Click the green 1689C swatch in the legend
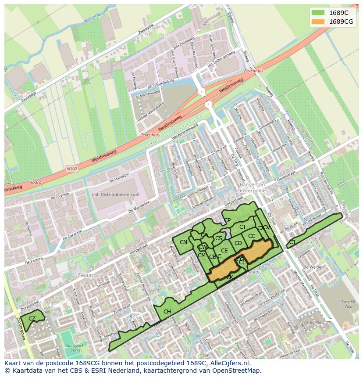[x=318, y=13]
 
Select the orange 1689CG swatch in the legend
[x=318, y=22]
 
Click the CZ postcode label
[x=32, y=318]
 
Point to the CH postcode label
[x=167, y=312]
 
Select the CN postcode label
[x=183, y=242]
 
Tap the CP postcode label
[x=227, y=220]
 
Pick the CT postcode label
[x=242, y=227]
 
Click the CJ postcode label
[x=292, y=242]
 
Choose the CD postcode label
[x=238, y=243]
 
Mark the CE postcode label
[x=224, y=251]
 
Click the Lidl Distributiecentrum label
[x=116, y=194]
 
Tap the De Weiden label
[x=313, y=267]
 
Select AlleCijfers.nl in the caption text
[x=229, y=363]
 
